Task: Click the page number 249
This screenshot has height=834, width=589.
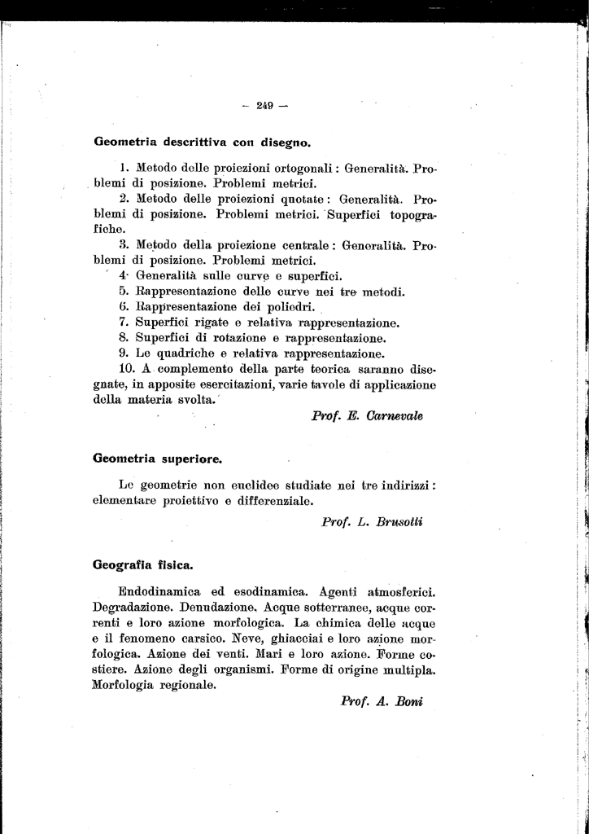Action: (265, 104)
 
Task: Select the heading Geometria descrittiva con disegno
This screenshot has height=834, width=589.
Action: (203, 142)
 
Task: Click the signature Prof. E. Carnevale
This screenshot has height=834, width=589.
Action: (367, 415)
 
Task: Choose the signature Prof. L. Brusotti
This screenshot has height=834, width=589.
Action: (372, 522)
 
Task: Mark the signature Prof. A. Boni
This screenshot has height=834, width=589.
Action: (382, 700)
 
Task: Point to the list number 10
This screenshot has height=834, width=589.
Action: (127, 369)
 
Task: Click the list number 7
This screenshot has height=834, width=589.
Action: (123, 323)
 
